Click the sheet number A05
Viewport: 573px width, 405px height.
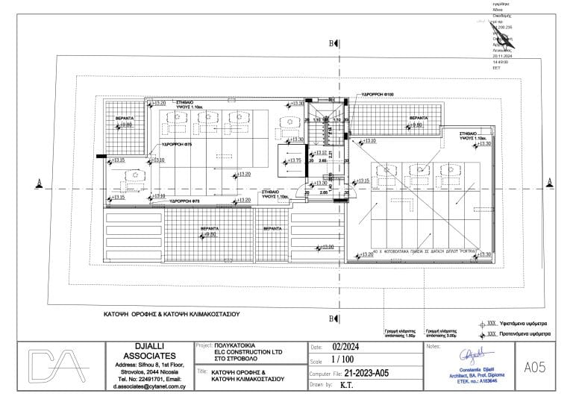pyautogui.click(x=536, y=366)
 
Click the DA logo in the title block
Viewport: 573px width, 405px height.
pyautogui.click(x=53, y=366)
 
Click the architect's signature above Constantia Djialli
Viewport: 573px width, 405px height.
pyautogui.click(x=472, y=353)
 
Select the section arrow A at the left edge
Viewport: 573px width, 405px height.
pyautogui.click(x=37, y=181)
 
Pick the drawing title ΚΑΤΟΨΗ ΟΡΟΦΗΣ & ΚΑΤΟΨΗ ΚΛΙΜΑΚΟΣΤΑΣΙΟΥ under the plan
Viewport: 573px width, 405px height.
pyautogui.click(x=171, y=315)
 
